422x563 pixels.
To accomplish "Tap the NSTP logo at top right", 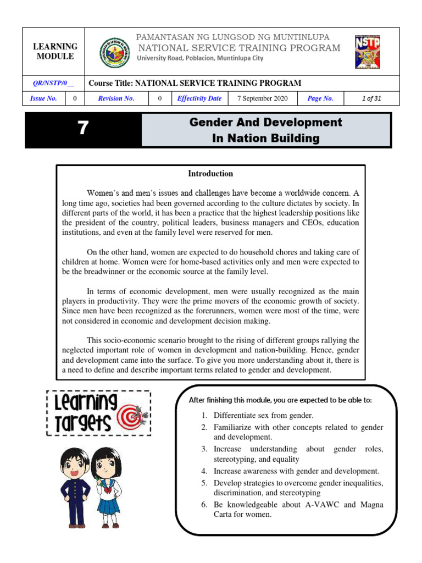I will [368, 52].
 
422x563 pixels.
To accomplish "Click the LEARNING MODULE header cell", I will [55, 52].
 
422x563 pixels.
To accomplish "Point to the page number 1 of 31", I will [371, 98].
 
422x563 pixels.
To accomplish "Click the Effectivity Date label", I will [199, 98].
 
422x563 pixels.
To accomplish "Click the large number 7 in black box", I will [82, 128].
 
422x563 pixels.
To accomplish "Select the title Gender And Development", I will [265, 122].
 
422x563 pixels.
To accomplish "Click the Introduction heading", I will [210, 174].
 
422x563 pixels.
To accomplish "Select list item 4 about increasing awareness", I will [296, 471].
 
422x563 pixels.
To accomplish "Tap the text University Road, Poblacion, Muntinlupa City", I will [200, 58].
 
